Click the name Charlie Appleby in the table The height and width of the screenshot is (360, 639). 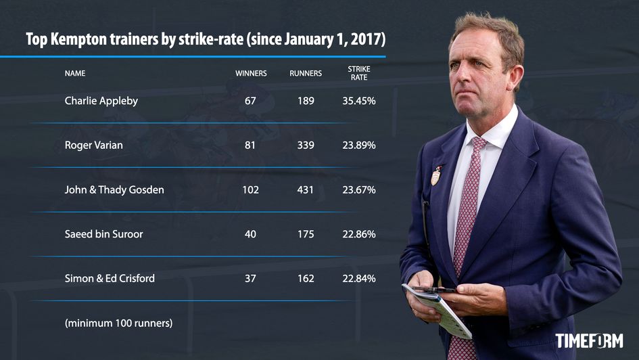point(101,101)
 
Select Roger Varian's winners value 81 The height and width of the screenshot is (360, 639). point(250,145)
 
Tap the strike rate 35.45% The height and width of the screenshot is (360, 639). point(359,101)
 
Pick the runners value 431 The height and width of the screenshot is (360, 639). point(306,190)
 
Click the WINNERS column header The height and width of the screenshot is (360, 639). point(251,73)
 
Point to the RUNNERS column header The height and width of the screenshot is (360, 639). point(306,73)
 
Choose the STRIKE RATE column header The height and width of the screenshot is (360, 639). point(359,73)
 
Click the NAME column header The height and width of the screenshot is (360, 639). point(75,73)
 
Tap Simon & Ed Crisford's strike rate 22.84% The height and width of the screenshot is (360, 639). point(359,279)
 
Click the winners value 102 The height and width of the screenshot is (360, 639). point(250,190)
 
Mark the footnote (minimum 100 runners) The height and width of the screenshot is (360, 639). point(118,323)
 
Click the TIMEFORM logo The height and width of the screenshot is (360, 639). point(589,340)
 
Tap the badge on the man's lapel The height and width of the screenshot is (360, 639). point(436,176)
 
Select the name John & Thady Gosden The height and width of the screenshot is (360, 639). point(114,190)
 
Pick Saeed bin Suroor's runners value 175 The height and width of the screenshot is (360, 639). point(306,234)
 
